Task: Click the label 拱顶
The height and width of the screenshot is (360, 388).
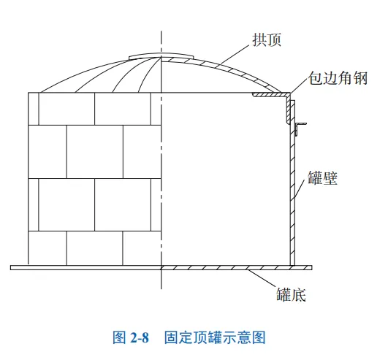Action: click(267, 39)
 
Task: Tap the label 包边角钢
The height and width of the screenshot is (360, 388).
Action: click(338, 78)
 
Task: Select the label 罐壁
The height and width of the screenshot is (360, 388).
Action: click(323, 177)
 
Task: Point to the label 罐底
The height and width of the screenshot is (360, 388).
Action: click(292, 294)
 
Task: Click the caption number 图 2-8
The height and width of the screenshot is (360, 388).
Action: click(131, 337)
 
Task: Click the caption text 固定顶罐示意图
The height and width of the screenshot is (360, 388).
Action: click(215, 337)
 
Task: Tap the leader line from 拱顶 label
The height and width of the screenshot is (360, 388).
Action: click(235, 54)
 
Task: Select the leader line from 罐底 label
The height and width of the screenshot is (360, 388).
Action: click(262, 279)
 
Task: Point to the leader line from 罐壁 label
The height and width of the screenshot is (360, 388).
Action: click(299, 189)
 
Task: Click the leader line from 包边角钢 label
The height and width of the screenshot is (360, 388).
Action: click(300, 85)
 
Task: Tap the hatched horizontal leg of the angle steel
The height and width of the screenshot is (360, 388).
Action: click(271, 95)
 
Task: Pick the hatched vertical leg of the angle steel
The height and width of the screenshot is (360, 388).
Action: click(288, 108)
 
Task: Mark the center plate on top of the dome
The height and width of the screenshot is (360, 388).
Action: click(161, 56)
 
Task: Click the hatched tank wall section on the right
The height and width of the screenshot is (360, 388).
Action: click(292, 183)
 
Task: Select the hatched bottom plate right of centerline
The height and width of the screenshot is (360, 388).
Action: click(236, 267)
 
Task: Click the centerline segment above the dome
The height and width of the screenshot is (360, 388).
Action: click(161, 42)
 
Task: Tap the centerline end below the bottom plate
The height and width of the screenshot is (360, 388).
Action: click(161, 288)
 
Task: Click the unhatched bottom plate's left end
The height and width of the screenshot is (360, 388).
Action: click(11, 267)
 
